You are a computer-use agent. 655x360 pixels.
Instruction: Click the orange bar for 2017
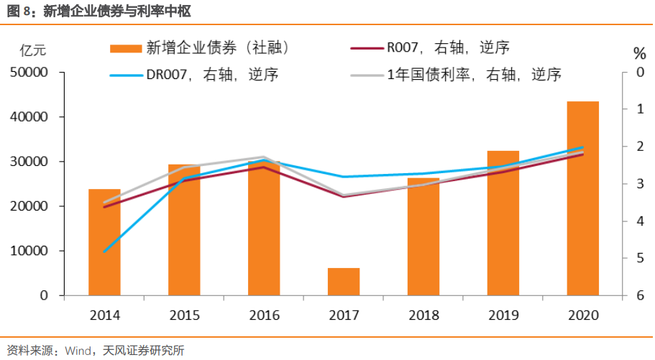pos(344,282)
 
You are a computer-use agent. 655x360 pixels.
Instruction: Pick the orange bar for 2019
pos(503,223)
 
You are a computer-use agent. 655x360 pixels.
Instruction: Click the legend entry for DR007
pos(194,75)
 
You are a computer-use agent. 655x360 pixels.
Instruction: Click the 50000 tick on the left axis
pos(29,73)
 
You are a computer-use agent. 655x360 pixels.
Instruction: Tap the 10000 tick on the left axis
pos(29,251)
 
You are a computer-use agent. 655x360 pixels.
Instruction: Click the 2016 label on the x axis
pos(264,315)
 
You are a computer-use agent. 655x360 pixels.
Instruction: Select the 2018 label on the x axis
pos(423,315)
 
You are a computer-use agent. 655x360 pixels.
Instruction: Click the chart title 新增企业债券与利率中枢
pos(120,11)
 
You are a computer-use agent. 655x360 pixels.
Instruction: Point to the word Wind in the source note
pos(78,351)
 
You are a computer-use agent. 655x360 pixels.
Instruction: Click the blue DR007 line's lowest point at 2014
pos(105,251)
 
